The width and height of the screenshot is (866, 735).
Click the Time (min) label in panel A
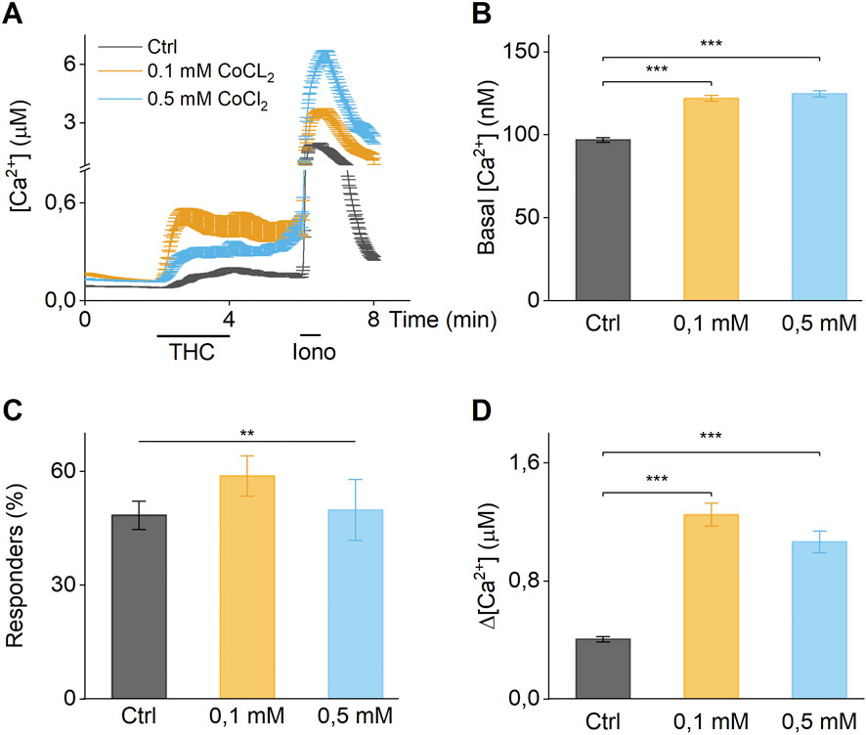[442, 320]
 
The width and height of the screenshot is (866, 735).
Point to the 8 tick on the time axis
[373, 320]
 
